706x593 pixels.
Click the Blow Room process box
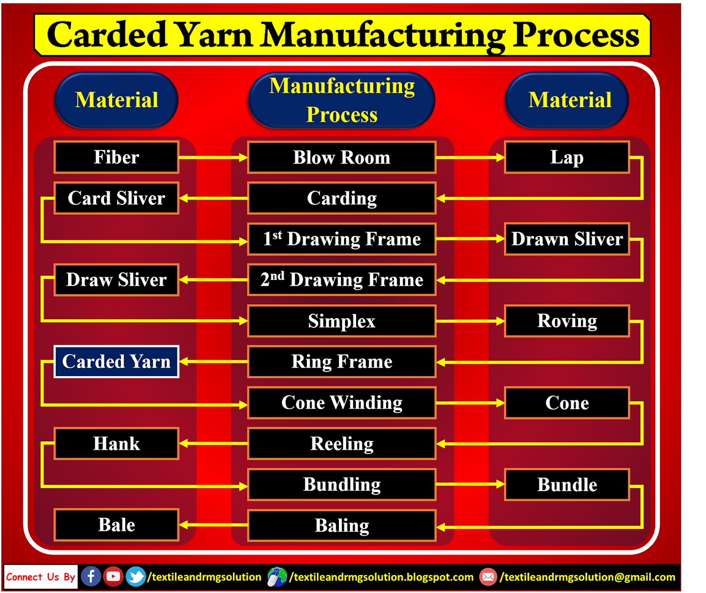pos(342,157)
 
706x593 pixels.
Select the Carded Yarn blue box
pos(116,362)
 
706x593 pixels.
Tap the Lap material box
pos(567,157)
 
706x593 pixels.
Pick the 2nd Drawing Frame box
pos(342,280)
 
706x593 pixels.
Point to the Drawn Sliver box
pos(567,239)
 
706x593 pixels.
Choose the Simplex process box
pos(342,321)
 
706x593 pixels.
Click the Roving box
pos(567,321)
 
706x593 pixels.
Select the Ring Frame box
pos(342,362)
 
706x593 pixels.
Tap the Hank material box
pos(116,444)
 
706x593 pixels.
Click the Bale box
pos(116,525)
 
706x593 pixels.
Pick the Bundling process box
pos(342,485)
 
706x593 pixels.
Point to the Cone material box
pos(567,403)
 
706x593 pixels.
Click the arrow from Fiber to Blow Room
pos(213,157)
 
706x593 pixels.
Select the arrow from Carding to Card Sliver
pos(213,198)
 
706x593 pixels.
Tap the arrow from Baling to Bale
pos(213,525)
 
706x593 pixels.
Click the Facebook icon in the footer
pos(91,576)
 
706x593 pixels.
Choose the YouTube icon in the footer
pos(113,576)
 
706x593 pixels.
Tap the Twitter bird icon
pos(135,576)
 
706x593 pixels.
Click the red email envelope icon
pos(488,577)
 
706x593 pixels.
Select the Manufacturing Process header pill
pos(342,101)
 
